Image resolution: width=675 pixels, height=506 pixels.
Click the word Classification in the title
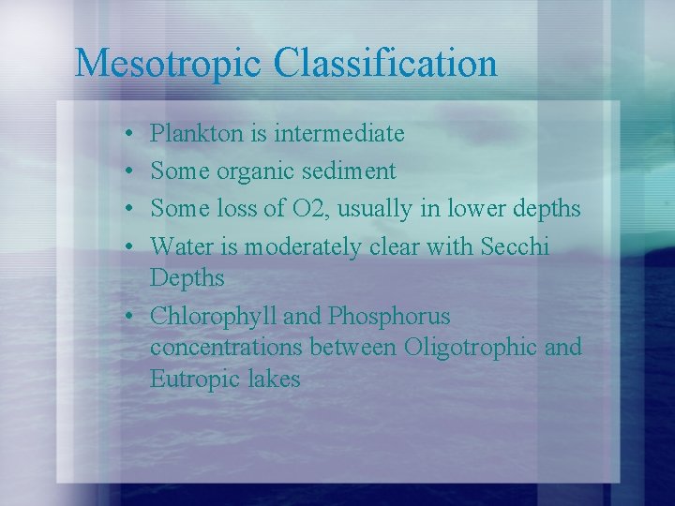coord(386,64)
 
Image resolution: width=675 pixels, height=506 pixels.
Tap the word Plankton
coord(197,134)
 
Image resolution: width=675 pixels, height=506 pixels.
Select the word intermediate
coord(339,134)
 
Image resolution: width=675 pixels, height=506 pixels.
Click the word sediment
coord(349,171)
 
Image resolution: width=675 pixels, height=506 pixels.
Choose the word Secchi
coord(515,246)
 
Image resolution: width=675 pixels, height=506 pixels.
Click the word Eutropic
coord(193,379)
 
